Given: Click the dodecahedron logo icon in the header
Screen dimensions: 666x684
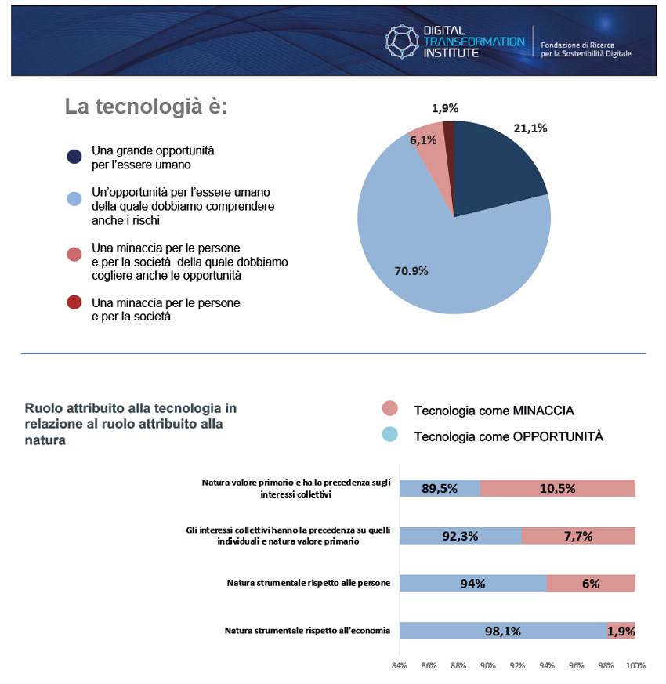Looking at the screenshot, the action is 402,42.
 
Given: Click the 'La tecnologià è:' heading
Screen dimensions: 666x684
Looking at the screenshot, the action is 146,107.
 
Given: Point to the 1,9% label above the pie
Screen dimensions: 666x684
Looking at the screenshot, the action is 445,108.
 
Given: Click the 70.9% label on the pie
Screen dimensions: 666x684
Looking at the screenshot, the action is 411,271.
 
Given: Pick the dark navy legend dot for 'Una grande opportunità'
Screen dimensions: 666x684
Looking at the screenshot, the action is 74,157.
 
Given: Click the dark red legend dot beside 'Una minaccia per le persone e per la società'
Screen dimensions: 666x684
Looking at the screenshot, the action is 74,302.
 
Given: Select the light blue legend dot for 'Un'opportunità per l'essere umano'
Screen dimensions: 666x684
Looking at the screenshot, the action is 74,199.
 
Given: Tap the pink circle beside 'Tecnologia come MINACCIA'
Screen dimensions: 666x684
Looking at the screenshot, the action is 390,408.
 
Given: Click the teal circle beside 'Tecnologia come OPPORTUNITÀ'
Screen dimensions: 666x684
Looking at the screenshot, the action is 390,435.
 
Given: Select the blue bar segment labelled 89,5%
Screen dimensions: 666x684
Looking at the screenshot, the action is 440,488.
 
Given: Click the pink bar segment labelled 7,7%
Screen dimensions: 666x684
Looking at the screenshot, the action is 578,536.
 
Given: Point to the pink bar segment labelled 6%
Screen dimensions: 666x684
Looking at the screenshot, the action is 591,583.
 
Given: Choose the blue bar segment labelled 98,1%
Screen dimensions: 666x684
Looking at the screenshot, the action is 503,631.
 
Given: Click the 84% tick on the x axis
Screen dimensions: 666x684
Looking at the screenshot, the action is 399,666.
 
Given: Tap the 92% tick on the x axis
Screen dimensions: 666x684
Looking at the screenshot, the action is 517,666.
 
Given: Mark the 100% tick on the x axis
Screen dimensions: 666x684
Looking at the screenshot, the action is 636,666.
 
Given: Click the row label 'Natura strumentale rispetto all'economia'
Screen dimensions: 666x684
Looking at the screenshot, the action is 307,631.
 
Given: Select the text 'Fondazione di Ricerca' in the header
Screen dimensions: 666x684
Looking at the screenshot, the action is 577,45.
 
